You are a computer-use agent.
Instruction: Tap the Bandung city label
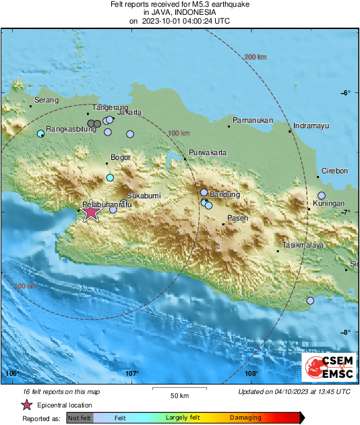(225, 195)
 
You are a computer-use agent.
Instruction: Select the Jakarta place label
(129, 112)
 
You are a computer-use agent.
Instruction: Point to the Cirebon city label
(334, 171)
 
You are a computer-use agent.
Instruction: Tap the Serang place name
(46, 100)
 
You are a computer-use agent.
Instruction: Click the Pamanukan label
(251, 120)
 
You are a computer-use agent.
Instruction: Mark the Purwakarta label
(207, 152)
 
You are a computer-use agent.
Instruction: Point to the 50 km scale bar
(179, 389)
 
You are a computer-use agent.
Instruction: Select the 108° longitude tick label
(251, 373)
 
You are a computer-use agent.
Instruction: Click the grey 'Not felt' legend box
(80, 418)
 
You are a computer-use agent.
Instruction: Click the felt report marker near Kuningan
(322, 196)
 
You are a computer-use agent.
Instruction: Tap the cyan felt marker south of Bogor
(111, 177)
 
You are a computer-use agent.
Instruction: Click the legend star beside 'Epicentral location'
(26, 405)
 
